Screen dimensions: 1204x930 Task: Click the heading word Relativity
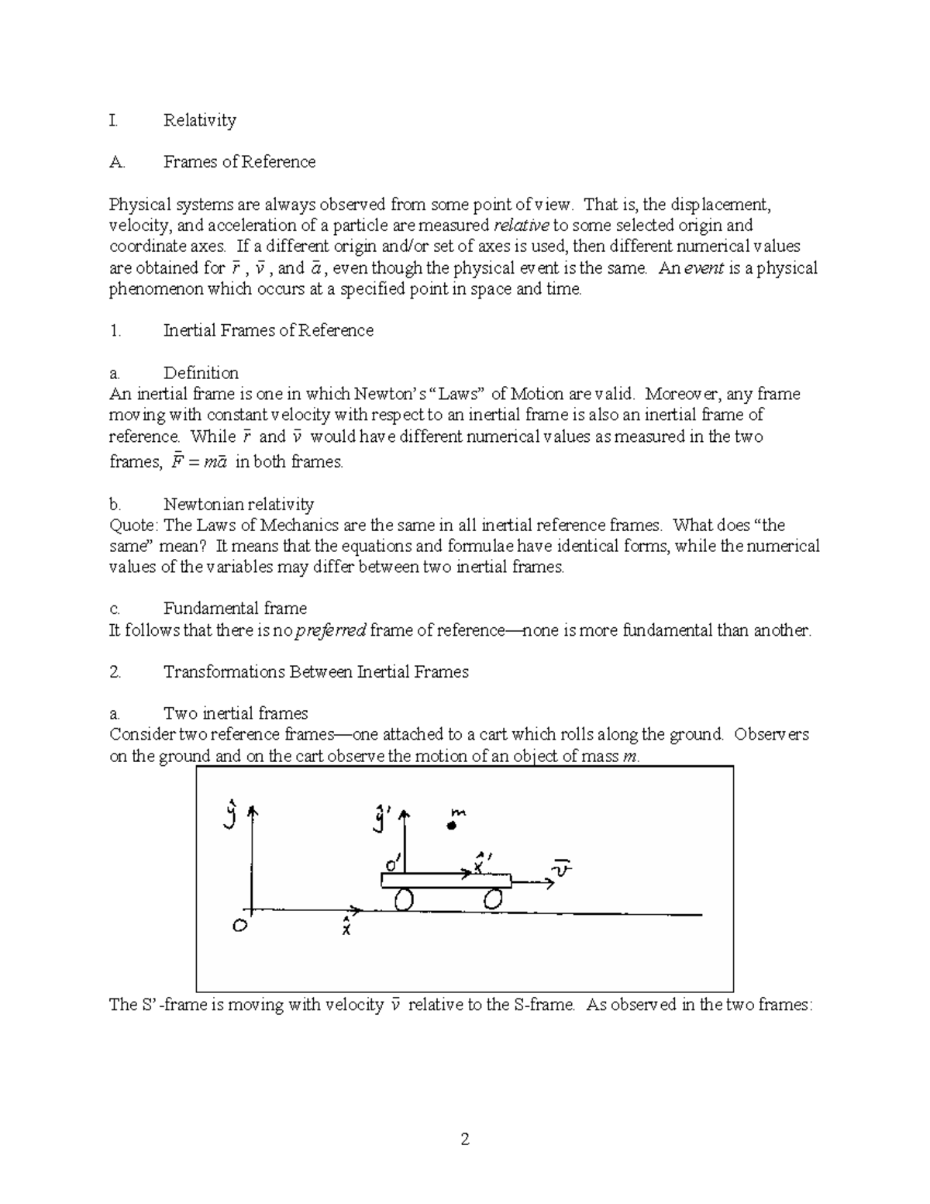[199, 120]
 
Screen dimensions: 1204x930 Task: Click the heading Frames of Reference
[239, 162]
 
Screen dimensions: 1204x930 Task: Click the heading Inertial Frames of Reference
[268, 331]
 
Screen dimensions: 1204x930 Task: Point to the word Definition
[201, 373]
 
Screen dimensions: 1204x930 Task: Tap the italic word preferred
[331, 631]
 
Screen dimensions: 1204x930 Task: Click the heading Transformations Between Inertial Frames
[316, 672]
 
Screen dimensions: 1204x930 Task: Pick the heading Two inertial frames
[236, 714]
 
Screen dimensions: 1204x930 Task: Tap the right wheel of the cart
[494, 899]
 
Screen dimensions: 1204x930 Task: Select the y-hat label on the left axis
[229, 816]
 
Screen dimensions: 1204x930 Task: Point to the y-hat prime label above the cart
[381, 819]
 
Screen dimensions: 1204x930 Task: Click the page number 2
[465, 1140]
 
